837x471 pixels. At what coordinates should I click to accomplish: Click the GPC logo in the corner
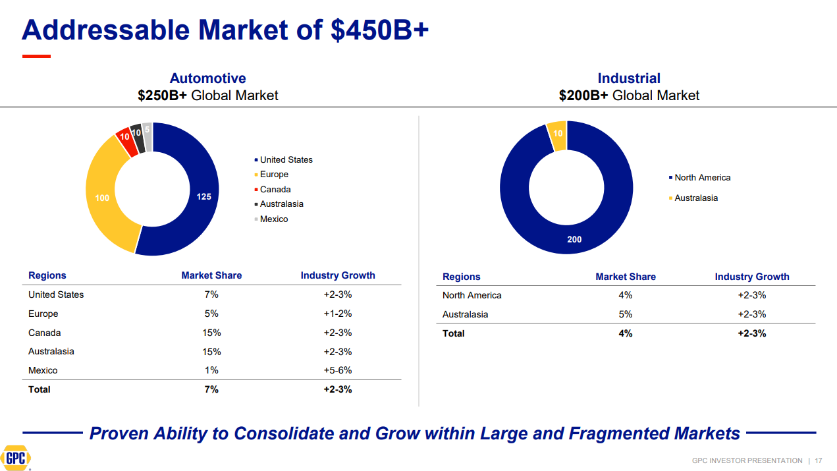pos(16,458)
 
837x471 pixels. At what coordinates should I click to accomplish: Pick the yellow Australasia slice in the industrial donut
pos(557,134)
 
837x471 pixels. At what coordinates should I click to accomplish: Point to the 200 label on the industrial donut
pos(574,240)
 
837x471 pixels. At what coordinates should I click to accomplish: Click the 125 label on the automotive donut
pos(203,196)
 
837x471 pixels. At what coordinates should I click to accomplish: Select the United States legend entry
pos(286,160)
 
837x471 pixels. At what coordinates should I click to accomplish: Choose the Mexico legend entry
pos(273,219)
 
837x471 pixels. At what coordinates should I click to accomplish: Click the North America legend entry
pos(702,178)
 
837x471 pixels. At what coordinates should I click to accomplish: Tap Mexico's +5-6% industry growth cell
pos(338,370)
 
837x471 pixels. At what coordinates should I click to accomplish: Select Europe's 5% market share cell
pos(211,314)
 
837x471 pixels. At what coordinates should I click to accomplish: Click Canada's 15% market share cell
pos(211,333)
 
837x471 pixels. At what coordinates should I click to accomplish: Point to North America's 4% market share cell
pos(626,295)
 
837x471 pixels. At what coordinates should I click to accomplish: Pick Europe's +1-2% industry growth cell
pos(338,314)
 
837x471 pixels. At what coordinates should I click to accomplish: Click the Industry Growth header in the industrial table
pos(752,277)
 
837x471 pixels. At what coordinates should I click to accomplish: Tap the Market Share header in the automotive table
pos(211,275)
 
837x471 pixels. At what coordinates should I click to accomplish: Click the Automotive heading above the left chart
pos(207,78)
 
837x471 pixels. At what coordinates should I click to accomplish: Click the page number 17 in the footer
pos(819,460)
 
